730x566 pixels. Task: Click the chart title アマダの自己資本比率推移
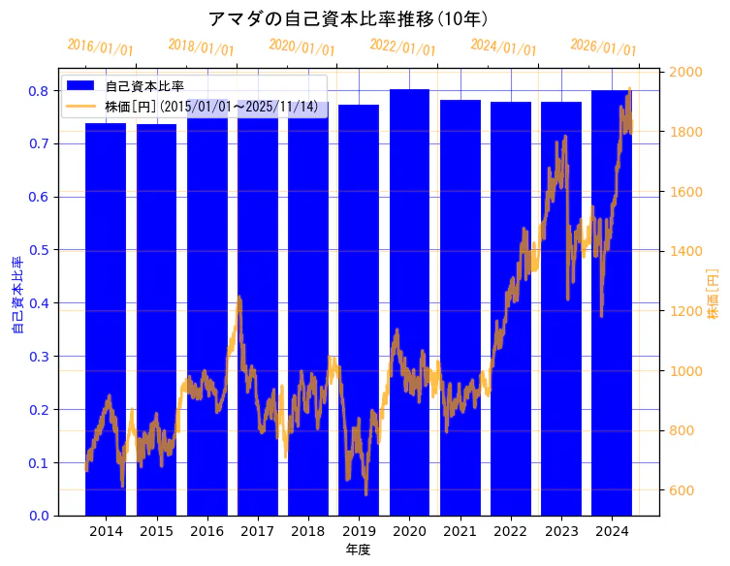pos(348,19)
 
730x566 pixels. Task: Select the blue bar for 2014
pos(106,320)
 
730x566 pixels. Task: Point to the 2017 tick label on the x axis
pos(257,532)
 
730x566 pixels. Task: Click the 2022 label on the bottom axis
pos(510,532)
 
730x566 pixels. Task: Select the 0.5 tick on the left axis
pos(42,250)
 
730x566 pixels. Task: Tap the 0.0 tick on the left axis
pos(42,516)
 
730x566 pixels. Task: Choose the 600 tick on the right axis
pos(683,490)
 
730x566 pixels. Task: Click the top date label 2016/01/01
pos(100,47)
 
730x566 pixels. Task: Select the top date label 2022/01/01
pos(402,47)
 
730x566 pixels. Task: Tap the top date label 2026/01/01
pos(603,47)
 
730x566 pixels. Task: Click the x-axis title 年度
pos(358,550)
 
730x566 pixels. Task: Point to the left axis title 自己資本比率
pos(17,296)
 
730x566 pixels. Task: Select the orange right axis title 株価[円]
pos(714,296)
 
